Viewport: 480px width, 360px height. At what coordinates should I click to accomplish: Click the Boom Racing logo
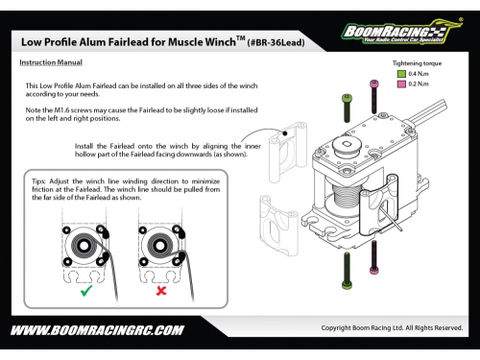tap(402, 32)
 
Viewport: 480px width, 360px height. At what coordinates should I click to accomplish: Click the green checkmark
tap(86, 291)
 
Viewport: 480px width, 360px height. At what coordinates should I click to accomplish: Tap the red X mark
tap(161, 291)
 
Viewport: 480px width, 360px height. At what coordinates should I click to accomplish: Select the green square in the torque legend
tap(401, 74)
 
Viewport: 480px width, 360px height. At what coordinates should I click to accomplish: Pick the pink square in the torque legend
tap(401, 84)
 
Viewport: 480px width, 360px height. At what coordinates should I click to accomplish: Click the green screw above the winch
tap(347, 108)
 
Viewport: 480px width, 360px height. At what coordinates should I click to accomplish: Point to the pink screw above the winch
tap(374, 97)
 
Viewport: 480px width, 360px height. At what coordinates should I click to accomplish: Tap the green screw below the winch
tap(348, 271)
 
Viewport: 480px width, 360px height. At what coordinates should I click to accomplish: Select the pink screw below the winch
tap(373, 257)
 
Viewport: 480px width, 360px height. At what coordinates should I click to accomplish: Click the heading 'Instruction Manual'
tap(51, 62)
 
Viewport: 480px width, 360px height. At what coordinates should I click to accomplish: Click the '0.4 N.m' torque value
tap(419, 74)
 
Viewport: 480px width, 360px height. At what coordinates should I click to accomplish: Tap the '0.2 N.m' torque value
tap(419, 84)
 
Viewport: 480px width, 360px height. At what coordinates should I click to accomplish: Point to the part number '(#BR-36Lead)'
tap(276, 43)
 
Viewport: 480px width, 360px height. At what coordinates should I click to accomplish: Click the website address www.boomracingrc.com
tap(97, 330)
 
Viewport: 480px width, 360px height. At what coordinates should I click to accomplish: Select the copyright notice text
tap(392, 328)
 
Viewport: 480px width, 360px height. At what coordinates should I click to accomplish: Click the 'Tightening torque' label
tap(417, 63)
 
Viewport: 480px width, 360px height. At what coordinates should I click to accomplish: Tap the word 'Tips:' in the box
tap(38, 181)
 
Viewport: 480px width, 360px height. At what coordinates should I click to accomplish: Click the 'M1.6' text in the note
tap(61, 110)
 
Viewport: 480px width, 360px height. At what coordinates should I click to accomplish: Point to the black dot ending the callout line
tap(285, 133)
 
